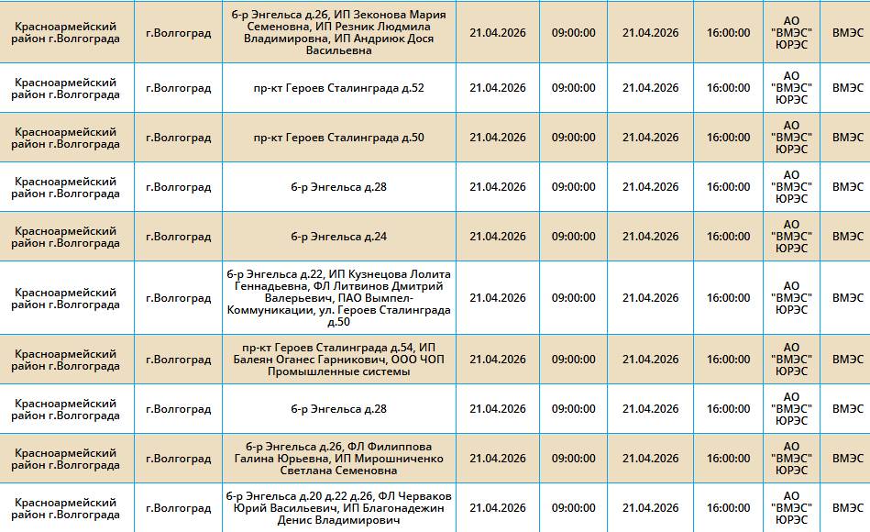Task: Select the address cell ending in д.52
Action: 338,88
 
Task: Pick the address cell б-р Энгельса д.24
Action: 338,237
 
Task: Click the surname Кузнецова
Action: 377,274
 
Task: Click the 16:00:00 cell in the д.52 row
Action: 728,88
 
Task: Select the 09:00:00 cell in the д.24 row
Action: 573,237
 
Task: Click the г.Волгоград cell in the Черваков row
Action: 178,508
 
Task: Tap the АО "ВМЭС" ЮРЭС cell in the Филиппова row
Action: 791,459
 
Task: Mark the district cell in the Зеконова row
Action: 66,32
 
